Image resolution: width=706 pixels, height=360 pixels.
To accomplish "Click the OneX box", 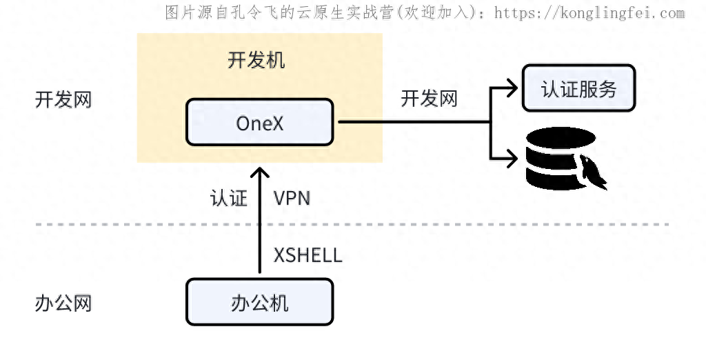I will pos(259,122).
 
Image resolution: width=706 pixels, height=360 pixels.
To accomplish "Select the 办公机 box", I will pos(259,303).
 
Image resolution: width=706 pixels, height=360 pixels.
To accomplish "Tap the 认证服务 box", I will pos(578,88).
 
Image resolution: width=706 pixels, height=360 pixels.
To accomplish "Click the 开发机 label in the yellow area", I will pos(256,60).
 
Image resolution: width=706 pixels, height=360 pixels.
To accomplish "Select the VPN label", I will pos(292,199).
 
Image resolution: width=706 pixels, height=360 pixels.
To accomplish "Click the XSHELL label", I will pos(307,255).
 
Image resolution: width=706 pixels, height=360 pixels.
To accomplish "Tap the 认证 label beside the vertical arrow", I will pos(228,199).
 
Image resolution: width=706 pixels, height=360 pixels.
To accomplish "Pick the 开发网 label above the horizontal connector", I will pos(429,99).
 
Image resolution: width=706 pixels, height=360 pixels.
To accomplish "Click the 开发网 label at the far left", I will pos(63,99).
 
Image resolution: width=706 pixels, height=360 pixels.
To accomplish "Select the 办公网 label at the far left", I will pos(63,303).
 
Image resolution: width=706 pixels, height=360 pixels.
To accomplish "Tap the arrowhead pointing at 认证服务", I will pos(512,88).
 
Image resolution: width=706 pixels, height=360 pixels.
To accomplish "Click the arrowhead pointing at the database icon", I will pos(512,158).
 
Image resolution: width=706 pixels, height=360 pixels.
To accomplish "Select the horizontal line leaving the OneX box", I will pos(414,122).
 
